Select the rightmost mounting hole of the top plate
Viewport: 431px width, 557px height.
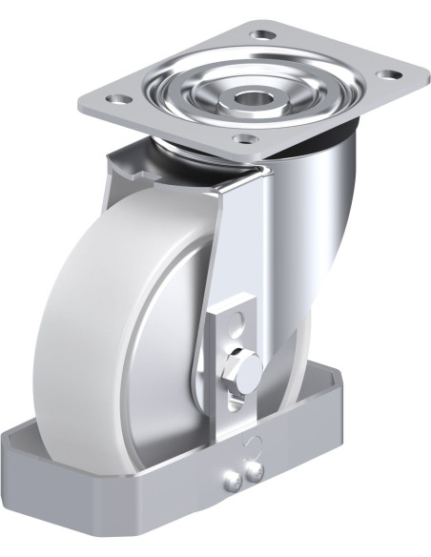click(x=389, y=73)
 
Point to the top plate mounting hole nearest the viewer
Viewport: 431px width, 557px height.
click(x=242, y=139)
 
